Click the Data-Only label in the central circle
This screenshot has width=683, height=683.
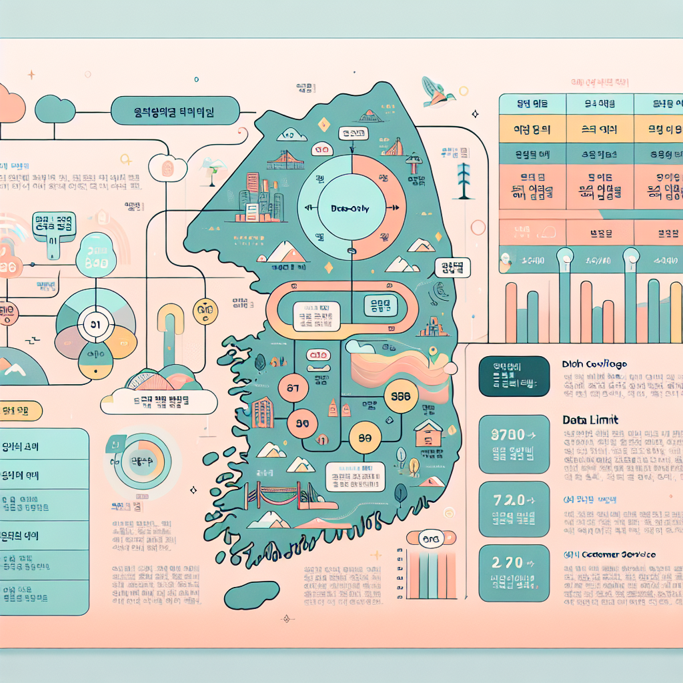350,208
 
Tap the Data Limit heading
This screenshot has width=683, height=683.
582,420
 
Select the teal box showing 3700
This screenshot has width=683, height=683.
514,442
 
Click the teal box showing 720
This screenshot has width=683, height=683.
514,508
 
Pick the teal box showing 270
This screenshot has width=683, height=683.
514,571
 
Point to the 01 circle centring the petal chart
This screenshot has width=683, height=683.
94,325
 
